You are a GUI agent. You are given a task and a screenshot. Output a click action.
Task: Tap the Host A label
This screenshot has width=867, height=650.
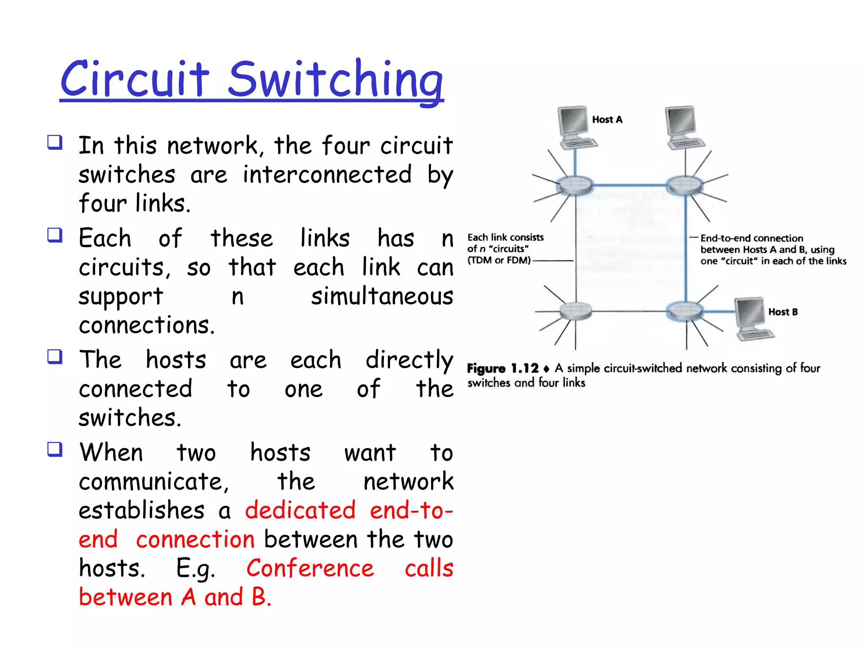(x=607, y=120)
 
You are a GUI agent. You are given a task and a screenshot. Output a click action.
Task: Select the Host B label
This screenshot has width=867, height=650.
(x=783, y=312)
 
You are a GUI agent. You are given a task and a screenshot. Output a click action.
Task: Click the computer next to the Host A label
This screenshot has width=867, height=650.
(x=576, y=127)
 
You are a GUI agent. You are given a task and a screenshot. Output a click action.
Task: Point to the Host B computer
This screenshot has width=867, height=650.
(x=754, y=318)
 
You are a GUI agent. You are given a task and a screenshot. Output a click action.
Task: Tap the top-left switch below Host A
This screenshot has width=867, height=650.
(x=574, y=185)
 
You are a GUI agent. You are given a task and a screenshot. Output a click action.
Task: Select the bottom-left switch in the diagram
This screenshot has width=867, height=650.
(x=575, y=311)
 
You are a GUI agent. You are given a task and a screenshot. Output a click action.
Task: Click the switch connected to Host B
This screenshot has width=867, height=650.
(x=685, y=311)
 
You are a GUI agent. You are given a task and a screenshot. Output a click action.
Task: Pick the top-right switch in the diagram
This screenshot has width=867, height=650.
(x=684, y=185)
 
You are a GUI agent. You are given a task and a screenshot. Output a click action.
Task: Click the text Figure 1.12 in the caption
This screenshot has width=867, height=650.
(x=503, y=369)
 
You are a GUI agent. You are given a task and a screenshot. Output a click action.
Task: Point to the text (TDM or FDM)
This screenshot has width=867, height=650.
(x=499, y=260)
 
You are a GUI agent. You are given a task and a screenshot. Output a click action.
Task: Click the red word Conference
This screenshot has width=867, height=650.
(x=310, y=568)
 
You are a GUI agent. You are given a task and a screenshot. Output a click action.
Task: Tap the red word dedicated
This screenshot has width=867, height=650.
(x=300, y=510)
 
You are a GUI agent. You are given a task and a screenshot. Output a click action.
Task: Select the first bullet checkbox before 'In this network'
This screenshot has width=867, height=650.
(x=55, y=143)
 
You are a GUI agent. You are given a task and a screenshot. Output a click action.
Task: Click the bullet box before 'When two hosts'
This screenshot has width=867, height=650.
(x=55, y=449)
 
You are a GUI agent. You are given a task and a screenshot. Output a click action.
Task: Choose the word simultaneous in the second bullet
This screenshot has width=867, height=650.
(x=382, y=296)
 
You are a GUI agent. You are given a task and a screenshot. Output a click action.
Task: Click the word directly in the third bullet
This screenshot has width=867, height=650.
(x=409, y=360)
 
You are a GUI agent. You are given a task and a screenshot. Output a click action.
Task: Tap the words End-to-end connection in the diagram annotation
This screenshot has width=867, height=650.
(x=751, y=238)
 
